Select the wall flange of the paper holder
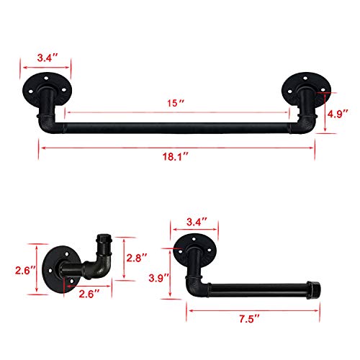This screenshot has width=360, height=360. point(196,246)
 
